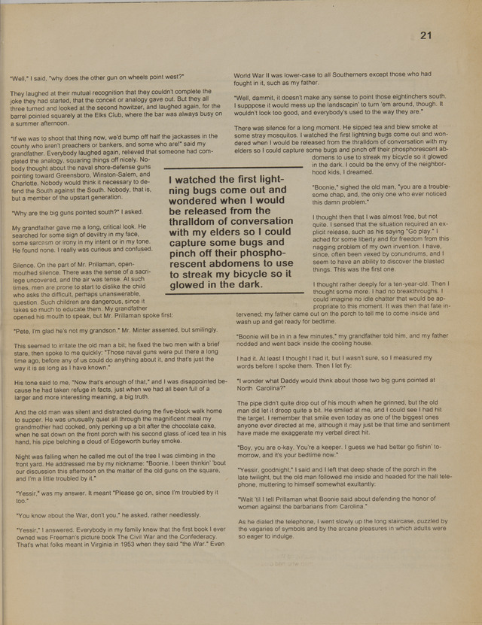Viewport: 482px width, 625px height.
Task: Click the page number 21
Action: [426, 35]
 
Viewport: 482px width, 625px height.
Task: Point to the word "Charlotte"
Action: [28, 182]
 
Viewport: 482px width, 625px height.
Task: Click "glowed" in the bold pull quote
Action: [193, 285]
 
